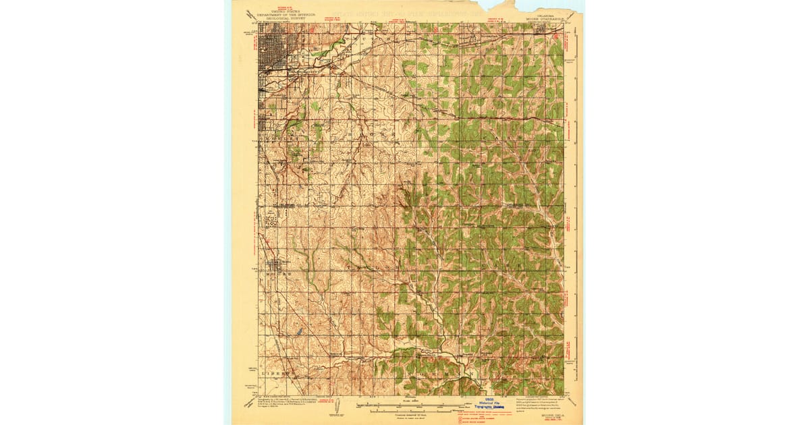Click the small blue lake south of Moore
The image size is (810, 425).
[297, 333]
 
